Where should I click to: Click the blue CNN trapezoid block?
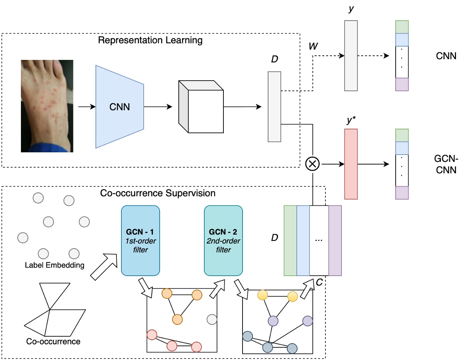tap(120, 107)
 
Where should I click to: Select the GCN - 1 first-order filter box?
tap(140, 241)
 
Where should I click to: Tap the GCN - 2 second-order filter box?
tap(223, 241)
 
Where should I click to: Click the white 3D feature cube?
tap(200, 107)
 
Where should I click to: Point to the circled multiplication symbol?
tap(312, 164)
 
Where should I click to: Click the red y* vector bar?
tap(351, 164)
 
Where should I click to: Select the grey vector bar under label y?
tap(351, 56)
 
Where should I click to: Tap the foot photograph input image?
tap(47, 106)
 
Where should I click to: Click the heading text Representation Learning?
tap(150, 40)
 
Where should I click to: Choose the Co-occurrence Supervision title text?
tap(158, 193)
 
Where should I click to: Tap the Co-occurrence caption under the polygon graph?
tap(53, 341)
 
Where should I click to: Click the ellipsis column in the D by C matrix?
tap(319, 241)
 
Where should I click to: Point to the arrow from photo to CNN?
tap(86, 107)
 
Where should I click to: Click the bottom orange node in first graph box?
tap(177, 319)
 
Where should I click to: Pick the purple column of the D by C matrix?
tap(335, 241)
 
